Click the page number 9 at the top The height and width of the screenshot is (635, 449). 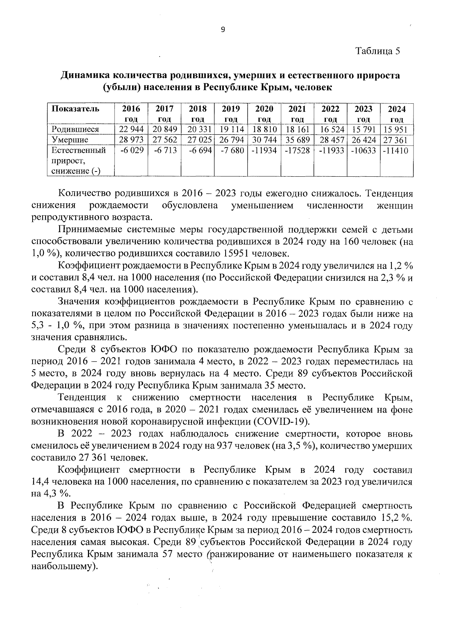(x=223, y=30)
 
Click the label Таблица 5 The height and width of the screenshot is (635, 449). (x=378, y=51)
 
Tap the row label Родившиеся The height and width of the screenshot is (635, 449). (x=75, y=130)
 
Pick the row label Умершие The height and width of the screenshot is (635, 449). (x=70, y=140)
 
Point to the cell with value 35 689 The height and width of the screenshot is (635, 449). (x=297, y=140)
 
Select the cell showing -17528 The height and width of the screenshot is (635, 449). (x=297, y=151)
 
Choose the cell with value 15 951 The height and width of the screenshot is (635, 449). (x=397, y=130)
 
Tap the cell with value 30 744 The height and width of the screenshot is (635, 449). (x=264, y=140)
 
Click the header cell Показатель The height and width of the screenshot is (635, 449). (x=75, y=109)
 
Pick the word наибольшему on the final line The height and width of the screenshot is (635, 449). (x=62, y=566)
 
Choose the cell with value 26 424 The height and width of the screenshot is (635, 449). (x=363, y=140)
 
